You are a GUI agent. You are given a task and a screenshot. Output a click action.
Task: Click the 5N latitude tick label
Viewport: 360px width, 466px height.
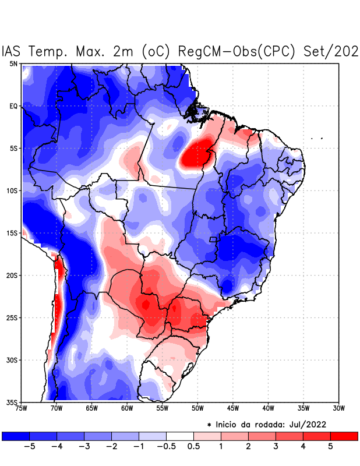coord(13,63)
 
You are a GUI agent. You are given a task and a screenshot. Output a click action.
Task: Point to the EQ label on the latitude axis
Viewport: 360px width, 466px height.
coord(13,106)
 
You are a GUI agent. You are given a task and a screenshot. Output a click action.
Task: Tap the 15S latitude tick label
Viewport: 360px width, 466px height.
coord(12,233)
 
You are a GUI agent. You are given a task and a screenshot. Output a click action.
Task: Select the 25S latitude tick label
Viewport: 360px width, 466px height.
coord(12,317)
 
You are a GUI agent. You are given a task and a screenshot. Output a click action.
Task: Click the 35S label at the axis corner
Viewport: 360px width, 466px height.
coord(12,402)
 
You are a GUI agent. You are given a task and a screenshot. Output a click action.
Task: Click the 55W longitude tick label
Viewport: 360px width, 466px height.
coord(163,408)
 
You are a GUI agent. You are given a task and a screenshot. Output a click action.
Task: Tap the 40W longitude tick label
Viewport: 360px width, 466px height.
coord(268,408)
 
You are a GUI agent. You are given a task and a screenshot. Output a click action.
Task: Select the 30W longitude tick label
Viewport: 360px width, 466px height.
coord(338,408)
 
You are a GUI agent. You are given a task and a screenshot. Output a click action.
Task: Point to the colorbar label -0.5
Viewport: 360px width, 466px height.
coord(166,446)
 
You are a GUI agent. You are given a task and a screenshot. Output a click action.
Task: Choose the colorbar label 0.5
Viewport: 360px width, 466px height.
coord(193,446)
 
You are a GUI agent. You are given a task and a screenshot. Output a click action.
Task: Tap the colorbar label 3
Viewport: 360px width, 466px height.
coord(276,446)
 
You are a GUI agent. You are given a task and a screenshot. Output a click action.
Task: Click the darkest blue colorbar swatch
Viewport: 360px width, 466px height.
coord(16,436)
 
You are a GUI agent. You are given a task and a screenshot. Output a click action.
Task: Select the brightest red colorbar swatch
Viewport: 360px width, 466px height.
coord(344,436)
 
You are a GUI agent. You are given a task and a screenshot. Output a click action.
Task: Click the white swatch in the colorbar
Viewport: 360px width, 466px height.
coord(180,436)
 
